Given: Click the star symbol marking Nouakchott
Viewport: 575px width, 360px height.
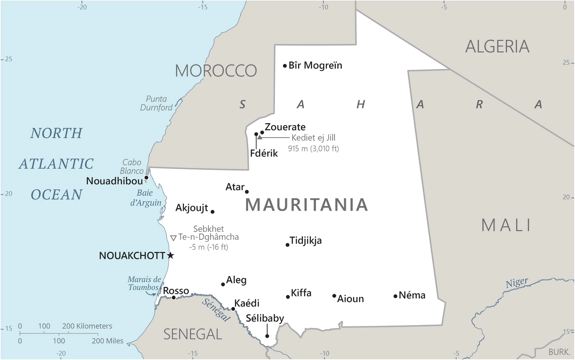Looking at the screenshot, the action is click(x=171, y=256).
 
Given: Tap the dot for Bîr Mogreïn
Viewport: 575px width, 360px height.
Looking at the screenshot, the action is click(x=285, y=66).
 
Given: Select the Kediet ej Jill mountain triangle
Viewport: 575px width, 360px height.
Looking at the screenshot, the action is click(x=260, y=137).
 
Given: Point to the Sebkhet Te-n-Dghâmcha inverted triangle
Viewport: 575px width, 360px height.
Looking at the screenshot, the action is click(x=173, y=238).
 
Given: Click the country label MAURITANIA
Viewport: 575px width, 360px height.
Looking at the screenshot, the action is click(x=306, y=205).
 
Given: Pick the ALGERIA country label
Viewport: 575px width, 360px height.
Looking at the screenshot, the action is click(x=497, y=46).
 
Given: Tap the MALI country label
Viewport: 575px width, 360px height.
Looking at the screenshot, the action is click(x=506, y=225).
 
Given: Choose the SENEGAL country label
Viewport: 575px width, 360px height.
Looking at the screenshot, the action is click(x=193, y=334).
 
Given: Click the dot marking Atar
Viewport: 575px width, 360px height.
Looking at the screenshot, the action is click(x=247, y=192).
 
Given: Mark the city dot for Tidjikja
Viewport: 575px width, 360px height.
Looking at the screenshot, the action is click(x=287, y=245).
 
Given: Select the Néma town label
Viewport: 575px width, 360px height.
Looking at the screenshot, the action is click(x=412, y=295).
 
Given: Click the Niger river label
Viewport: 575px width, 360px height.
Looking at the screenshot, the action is click(x=517, y=283).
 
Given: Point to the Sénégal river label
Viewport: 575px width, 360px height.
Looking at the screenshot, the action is click(x=216, y=310).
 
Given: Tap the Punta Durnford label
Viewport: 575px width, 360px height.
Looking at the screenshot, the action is click(x=156, y=103).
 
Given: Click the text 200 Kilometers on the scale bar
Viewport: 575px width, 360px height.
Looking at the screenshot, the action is click(x=87, y=326).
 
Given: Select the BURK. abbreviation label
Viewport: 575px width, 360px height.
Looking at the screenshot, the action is click(x=559, y=352).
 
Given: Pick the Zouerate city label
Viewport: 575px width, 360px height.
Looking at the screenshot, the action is click(x=285, y=127).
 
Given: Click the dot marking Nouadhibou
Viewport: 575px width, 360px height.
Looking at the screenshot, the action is click(x=146, y=178).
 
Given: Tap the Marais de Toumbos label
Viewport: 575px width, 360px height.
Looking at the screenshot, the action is click(x=144, y=283).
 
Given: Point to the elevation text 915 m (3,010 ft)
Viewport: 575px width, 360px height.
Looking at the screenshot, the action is click(x=313, y=149).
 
